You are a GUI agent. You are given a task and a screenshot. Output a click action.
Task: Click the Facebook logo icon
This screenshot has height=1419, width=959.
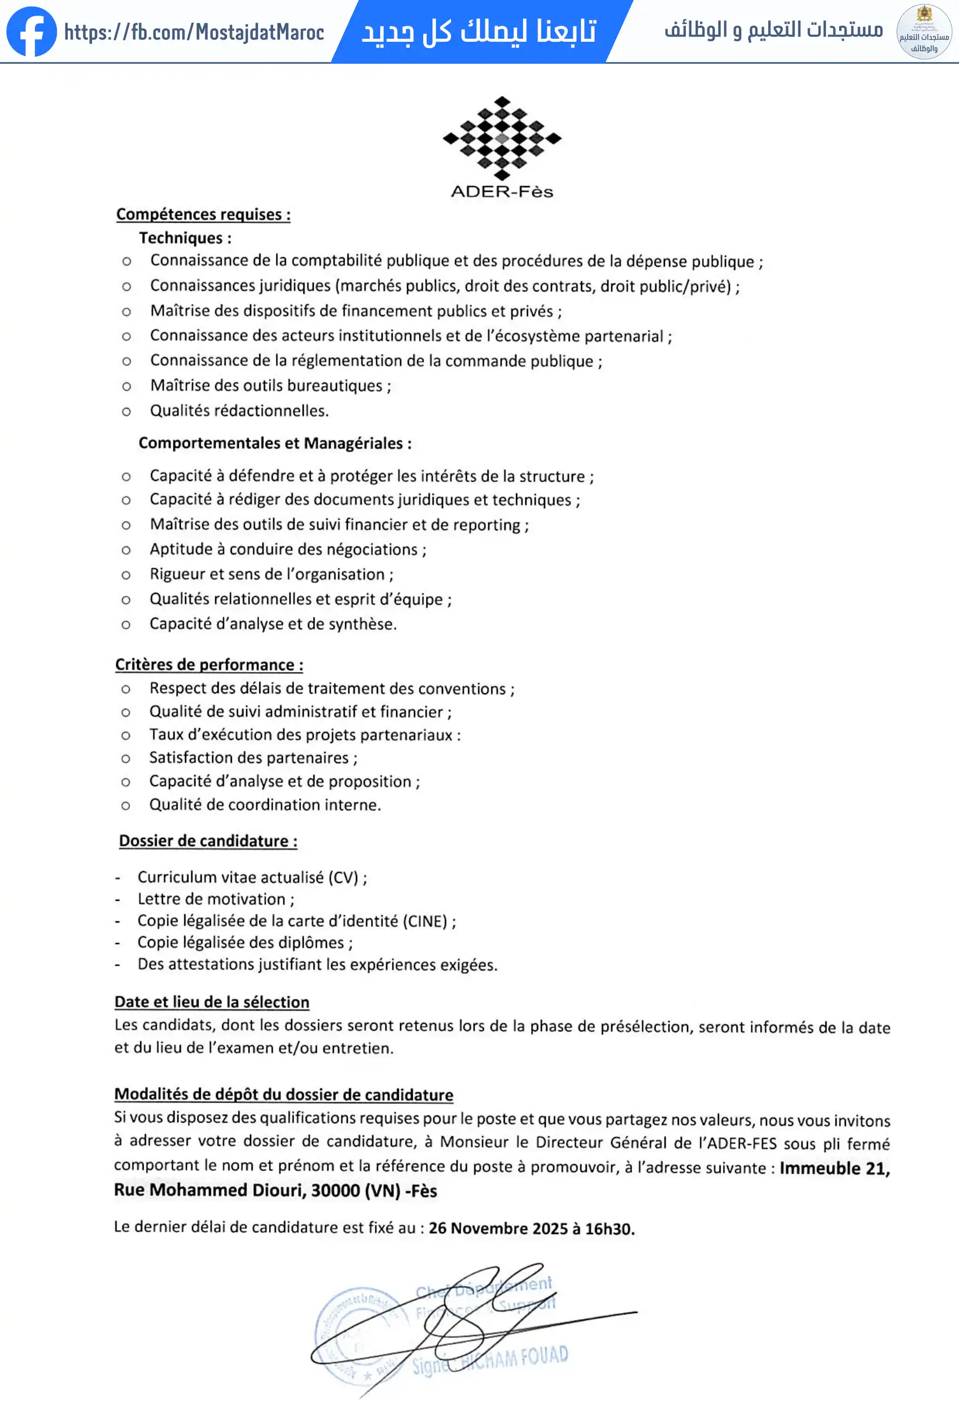point(31,32)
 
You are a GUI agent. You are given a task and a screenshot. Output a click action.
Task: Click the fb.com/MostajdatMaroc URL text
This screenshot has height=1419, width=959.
point(194,32)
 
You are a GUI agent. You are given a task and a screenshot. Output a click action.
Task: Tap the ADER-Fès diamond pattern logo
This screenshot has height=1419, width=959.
point(502,138)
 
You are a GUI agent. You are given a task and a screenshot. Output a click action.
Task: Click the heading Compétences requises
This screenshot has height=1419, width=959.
point(203,214)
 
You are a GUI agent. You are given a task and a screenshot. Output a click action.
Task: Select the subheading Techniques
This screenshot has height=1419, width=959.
point(184,238)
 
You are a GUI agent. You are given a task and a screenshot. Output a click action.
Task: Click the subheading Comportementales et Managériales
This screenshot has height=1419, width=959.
point(275,443)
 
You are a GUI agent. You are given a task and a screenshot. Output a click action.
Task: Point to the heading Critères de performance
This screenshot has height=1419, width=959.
point(209,665)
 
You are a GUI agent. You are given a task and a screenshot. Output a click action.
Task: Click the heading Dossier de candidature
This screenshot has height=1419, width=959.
point(208,841)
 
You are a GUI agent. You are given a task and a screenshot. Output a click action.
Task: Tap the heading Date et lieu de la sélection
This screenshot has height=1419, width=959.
point(212,1002)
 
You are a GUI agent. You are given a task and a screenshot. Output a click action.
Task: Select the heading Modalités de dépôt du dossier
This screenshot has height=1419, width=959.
point(284,1094)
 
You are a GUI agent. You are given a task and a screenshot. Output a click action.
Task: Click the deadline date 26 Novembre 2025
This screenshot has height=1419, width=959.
point(498,1228)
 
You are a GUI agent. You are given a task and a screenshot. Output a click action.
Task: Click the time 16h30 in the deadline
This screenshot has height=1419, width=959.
point(609,1229)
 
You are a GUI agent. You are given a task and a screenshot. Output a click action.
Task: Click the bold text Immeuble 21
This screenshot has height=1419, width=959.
point(834,1168)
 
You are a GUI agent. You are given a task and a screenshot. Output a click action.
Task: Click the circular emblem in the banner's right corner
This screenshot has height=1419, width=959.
point(924,32)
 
